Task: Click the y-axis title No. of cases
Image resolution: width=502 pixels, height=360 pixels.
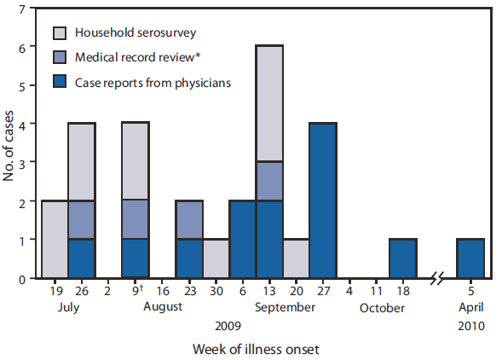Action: coord(9,143)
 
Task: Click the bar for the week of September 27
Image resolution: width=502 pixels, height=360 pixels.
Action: coord(323,201)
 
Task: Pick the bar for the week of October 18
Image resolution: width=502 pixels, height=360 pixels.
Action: coord(401,259)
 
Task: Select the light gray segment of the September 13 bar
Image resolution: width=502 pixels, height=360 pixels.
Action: coord(270,103)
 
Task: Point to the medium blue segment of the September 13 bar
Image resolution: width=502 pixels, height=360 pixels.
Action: coord(270,181)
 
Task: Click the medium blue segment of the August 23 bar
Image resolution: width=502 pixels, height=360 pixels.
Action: coord(190,220)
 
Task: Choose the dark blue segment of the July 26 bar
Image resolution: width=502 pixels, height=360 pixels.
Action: coord(81,259)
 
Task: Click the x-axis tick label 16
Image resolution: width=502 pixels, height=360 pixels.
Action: coord(164,292)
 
